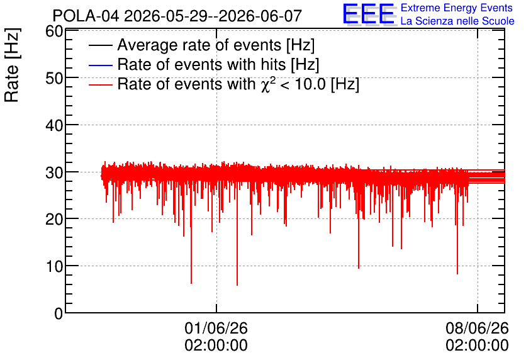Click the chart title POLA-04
coord(86,16)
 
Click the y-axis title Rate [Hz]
coord(12,65)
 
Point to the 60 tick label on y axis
coord(54,31)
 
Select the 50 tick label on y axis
coord(54,79)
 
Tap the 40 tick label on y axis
coord(54,126)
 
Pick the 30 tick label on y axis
coord(54,173)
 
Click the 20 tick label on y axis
coord(54,220)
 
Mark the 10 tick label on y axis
coord(54,267)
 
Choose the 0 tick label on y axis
coord(59,313)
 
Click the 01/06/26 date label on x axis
coord(216,328)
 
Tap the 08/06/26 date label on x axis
coord(477,328)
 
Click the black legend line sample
coord(100,45)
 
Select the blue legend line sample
coord(100,65)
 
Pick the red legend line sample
coord(100,84)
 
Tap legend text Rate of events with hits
coord(201,64)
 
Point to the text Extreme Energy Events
coord(457,8)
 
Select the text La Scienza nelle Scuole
coord(457,21)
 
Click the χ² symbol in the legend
coord(266,84)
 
